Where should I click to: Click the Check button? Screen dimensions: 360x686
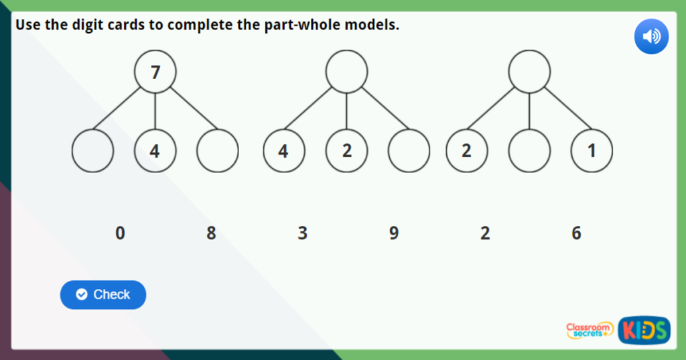click(x=103, y=295)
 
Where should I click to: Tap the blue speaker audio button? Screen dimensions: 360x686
click(x=651, y=36)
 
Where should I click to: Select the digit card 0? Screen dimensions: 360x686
click(x=120, y=233)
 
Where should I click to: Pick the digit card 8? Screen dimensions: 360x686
click(x=211, y=233)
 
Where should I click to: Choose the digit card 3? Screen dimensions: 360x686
click(x=303, y=233)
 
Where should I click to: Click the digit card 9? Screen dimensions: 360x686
click(x=394, y=233)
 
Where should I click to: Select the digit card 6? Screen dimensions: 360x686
click(x=576, y=233)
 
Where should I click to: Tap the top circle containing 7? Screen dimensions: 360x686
click(x=155, y=72)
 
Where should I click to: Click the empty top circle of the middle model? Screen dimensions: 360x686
click(x=346, y=72)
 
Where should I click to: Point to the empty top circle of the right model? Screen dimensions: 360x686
click(x=529, y=72)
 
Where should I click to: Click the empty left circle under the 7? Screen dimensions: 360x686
click(x=93, y=151)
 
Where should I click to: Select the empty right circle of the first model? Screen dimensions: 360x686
click(x=218, y=151)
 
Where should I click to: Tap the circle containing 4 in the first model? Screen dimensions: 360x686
click(x=155, y=151)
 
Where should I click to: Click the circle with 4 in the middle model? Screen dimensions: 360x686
click(x=284, y=151)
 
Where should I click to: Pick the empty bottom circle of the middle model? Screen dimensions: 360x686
click(x=409, y=151)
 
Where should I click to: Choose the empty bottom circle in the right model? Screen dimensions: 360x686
click(x=529, y=151)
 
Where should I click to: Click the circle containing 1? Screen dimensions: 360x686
click(x=592, y=151)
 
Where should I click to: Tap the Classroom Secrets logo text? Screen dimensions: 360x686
click(x=590, y=330)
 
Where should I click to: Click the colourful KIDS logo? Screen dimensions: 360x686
click(x=644, y=330)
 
